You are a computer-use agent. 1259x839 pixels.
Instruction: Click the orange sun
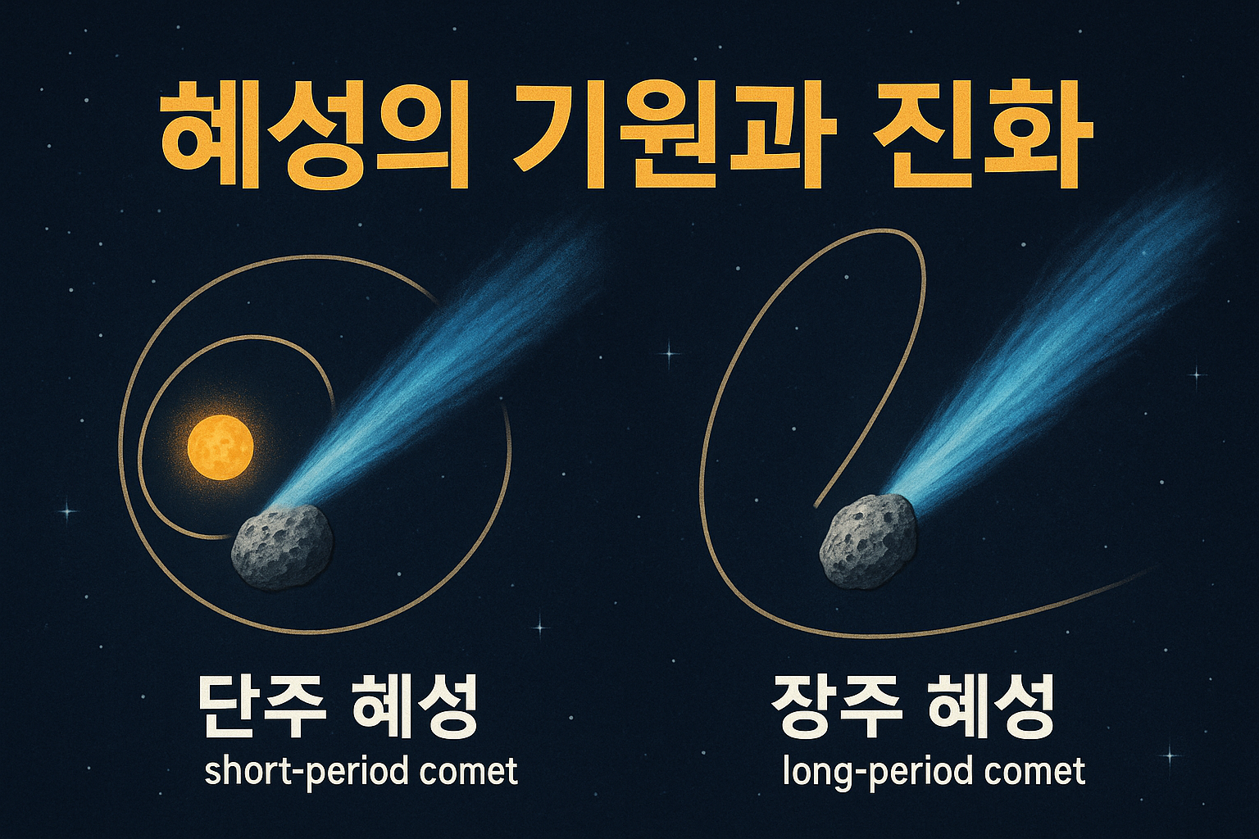[x=220, y=447]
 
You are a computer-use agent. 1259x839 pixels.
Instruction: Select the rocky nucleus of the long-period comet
[x=868, y=541]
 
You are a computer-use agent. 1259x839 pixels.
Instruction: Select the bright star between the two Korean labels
[x=539, y=627]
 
